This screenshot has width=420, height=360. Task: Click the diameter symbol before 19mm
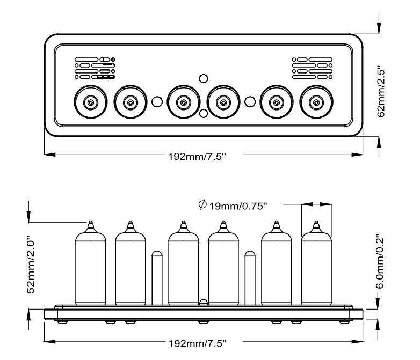tap(202, 204)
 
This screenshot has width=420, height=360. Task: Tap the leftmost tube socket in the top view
tap(90, 101)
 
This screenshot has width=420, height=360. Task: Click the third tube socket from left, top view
tap(183, 101)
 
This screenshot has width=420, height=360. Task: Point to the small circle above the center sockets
tap(203, 79)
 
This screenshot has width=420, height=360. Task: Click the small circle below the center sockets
tap(203, 114)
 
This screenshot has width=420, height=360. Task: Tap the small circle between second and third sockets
tap(157, 101)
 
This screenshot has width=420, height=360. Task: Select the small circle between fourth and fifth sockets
tap(249, 101)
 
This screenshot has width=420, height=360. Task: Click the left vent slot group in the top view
tap(95, 68)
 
